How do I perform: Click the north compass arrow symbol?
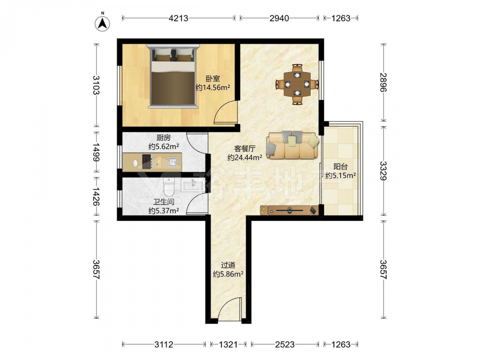pos(103,23)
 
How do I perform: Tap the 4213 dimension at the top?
pos(179,18)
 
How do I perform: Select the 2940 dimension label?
pos(279,18)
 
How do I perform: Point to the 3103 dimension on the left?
pos(96,85)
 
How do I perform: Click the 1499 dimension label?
pos(96,152)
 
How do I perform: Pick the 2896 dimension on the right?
pos(384,83)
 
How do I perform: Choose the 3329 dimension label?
pos(384,171)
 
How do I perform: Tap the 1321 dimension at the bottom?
pos(228,345)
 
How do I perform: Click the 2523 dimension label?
pos(285,345)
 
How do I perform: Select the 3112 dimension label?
pos(164,345)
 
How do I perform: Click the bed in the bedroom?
pos(173,76)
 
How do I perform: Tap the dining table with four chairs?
pos(297,84)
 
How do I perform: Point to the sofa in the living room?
pos(293,145)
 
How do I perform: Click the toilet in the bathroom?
pos(168,187)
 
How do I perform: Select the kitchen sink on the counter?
pos(173,162)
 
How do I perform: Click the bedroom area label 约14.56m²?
pos(213,88)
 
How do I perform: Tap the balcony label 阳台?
pos(340,167)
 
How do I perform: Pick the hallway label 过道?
pos(228,265)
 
